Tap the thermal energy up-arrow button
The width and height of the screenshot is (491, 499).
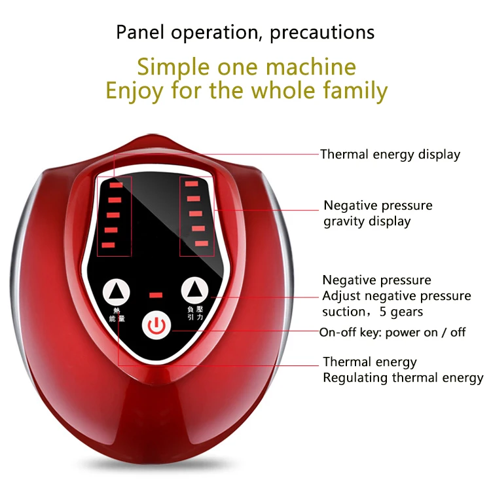(116, 292)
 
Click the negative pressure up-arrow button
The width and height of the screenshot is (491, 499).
(194, 290)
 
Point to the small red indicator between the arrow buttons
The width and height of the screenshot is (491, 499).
(156, 295)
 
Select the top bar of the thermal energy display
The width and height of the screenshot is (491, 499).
(116, 185)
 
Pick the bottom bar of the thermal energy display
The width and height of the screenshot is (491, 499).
(108, 245)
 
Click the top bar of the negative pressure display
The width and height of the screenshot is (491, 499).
(192, 183)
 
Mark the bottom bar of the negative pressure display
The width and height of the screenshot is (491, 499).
(202, 244)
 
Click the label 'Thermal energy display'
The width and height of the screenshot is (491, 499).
(390, 155)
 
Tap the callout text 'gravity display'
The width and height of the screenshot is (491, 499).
(367, 221)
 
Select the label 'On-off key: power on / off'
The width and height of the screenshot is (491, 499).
(392, 332)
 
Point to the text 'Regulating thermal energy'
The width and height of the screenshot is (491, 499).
(403, 378)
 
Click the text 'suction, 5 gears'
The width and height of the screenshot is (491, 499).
(373, 312)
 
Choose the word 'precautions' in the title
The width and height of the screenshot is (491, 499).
(322, 33)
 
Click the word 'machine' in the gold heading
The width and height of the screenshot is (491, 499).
(311, 67)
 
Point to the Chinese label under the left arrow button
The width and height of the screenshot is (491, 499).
(117, 314)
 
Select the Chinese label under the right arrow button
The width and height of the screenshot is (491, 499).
(195, 313)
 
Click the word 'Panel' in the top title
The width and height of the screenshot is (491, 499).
(140, 32)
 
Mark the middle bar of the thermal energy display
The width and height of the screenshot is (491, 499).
(113, 215)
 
